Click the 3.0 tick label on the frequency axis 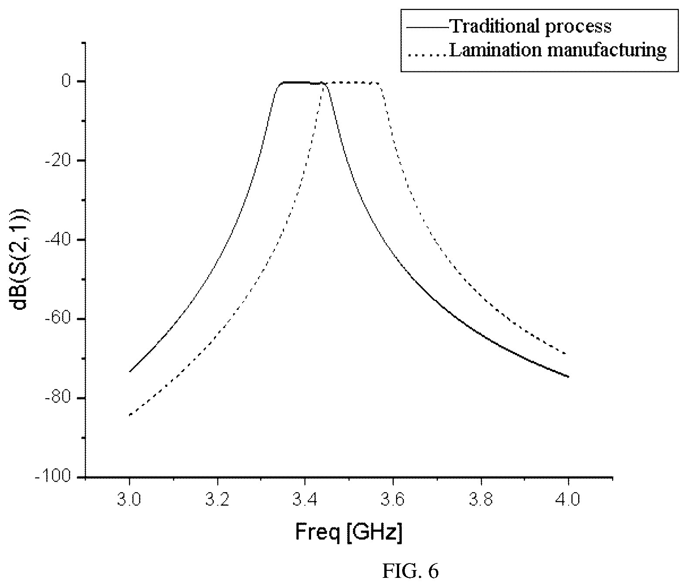click(x=129, y=500)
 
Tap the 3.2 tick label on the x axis click(x=217, y=500)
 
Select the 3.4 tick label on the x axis click(x=305, y=500)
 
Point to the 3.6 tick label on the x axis click(x=393, y=500)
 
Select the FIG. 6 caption click(x=410, y=571)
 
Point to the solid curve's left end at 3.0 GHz click(x=129, y=372)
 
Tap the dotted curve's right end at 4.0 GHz click(x=566, y=354)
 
